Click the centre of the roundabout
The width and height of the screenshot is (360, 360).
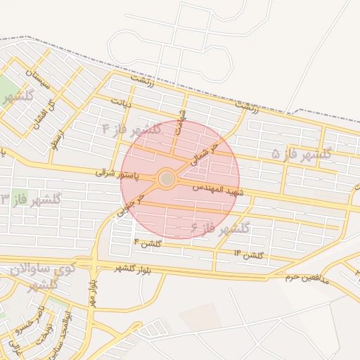[167, 179]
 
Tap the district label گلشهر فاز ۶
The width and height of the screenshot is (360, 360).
[220, 228]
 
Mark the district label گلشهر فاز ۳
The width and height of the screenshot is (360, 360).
[31, 200]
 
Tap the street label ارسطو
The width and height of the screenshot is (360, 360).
[58, 140]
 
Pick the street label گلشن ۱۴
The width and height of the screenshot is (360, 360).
[247, 254]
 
